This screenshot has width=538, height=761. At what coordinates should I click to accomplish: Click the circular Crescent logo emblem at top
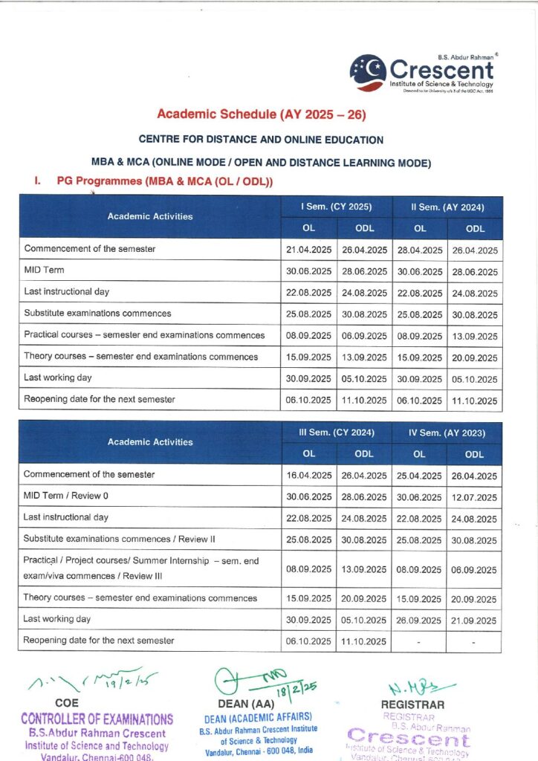368,73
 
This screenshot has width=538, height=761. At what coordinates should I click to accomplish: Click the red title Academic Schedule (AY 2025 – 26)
262,114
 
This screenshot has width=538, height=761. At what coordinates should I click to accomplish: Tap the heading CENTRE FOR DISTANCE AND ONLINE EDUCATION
262,140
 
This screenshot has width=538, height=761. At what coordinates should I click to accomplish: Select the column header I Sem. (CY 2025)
336,207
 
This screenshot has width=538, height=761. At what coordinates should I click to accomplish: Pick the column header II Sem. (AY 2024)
447,207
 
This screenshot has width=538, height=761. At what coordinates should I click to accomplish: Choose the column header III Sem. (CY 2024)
336,432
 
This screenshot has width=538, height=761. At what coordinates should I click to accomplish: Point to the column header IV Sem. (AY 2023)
447,432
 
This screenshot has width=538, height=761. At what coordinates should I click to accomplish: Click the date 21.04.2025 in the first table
308,250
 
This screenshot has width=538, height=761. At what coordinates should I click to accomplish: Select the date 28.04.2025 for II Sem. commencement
420,250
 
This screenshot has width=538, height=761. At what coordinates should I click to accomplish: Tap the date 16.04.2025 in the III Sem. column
308,475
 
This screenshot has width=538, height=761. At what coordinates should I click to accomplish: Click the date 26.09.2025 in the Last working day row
420,620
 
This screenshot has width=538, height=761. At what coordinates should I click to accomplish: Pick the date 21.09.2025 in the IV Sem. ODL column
475,620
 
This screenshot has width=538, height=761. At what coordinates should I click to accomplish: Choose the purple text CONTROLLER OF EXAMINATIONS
97,719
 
